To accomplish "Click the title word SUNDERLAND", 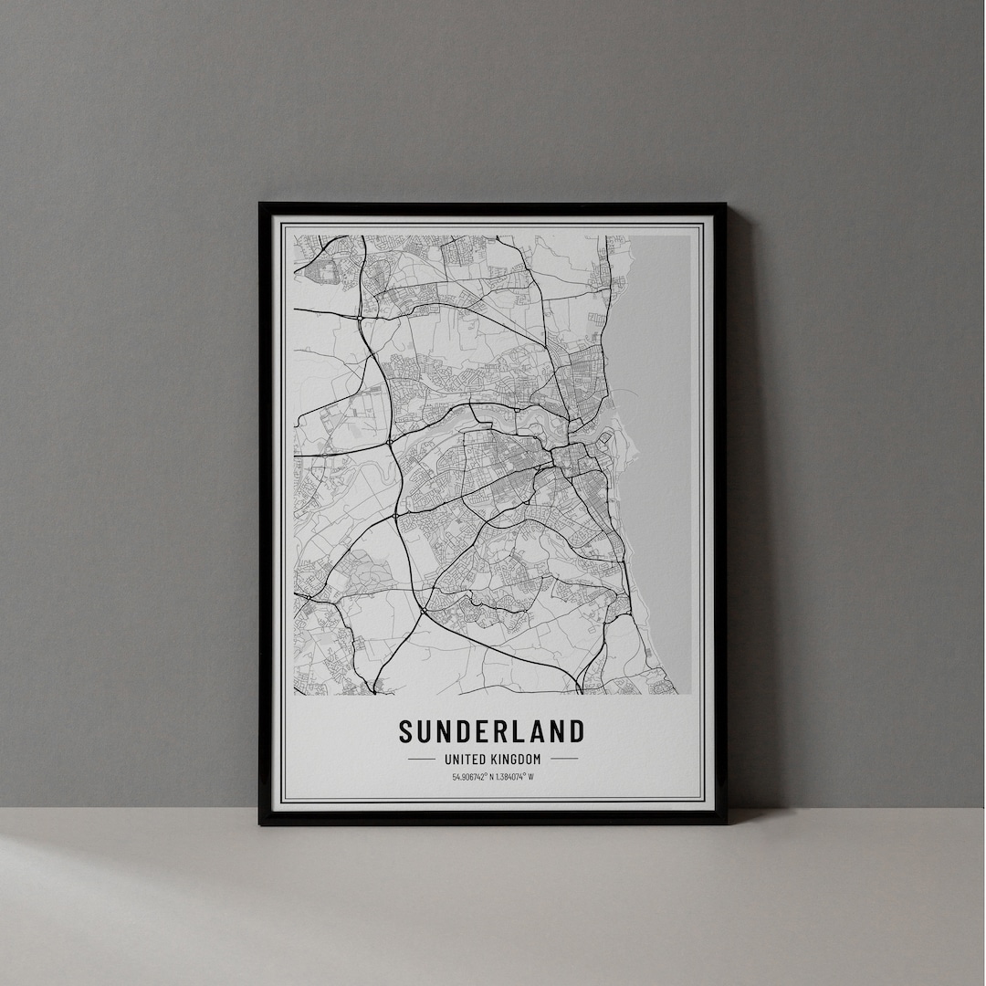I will [491, 731].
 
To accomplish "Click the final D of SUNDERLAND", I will [574, 731].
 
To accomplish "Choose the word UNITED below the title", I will [465, 759].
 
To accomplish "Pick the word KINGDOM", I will [516, 759].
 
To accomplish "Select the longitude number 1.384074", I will [509, 778].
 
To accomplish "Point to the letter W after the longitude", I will [530, 778].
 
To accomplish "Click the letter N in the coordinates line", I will [490, 778].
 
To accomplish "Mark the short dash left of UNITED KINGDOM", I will [421, 759].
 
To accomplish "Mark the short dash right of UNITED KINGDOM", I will [564, 759].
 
